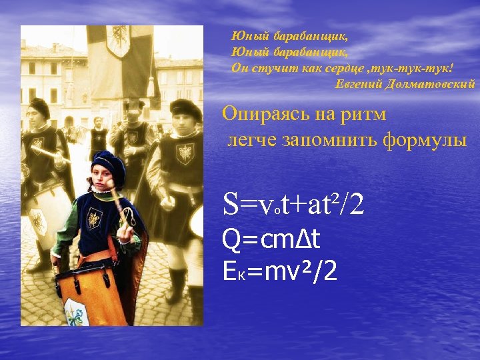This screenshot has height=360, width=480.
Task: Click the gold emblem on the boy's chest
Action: click(x=95, y=218)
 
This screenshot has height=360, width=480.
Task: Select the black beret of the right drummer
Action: click(x=186, y=107)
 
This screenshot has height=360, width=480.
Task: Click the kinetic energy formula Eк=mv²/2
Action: click(x=280, y=271)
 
